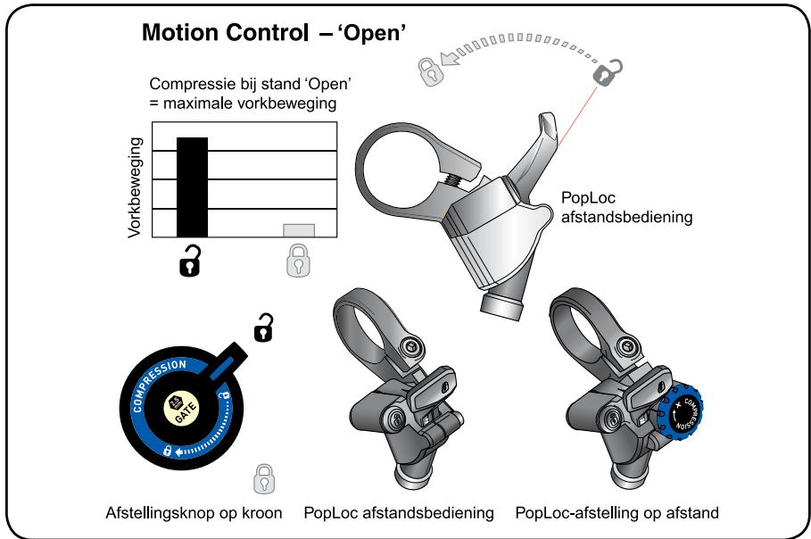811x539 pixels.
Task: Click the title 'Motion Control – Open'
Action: [275, 35]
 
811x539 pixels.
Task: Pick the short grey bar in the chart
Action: [299, 230]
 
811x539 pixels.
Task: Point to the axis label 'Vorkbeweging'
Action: [137, 187]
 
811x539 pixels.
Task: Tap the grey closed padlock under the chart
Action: [297, 262]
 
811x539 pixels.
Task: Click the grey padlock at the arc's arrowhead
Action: [430, 70]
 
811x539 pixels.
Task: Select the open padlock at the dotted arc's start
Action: [608, 72]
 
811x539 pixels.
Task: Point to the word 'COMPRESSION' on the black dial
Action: [156, 380]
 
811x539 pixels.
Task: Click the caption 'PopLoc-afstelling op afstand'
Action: [617, 513]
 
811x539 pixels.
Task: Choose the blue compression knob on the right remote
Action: [684, 412]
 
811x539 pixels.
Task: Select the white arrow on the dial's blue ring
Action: [183, 452]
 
